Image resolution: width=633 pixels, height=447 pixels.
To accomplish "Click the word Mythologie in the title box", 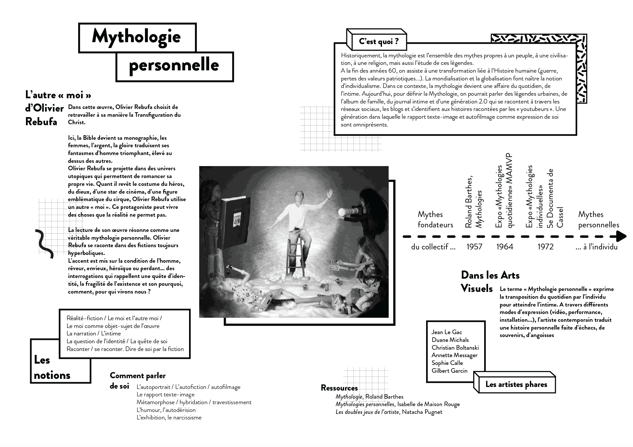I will (x=136, y=36).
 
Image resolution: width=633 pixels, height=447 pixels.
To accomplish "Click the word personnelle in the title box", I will (x=174, y=65).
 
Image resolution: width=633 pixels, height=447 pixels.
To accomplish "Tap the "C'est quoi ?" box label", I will (x=378, y=42).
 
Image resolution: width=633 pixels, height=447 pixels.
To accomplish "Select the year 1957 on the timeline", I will (x=474, y=247).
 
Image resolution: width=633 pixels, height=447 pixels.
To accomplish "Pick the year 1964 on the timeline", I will (x=505, y=247).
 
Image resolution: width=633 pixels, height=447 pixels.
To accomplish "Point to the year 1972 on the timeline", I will (x=545, y=247).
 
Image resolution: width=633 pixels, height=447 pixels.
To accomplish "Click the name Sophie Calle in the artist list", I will (x=447, y=363).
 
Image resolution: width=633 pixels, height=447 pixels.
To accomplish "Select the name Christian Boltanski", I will (x=455, y=348).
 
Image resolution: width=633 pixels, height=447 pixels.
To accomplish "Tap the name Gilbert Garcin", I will (x=449, y=371).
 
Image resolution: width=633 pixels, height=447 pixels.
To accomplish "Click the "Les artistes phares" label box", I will (x=516, y=385).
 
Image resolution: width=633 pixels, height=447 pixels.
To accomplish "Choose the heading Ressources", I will (x=339, y=388).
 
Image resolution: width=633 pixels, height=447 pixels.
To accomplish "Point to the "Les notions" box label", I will (x=52, y=368).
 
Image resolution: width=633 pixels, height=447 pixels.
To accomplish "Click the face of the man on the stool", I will (x=298, y=197).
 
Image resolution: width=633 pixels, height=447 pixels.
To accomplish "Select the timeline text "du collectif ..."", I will (x=433, y=247).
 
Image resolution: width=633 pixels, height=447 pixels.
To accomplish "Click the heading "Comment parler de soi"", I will (x=137, y=381).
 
